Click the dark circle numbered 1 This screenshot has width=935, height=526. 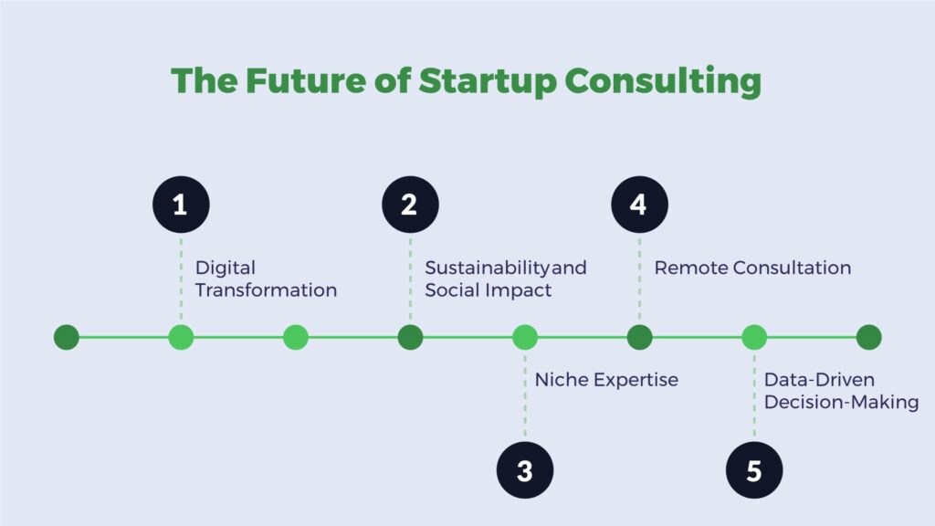pyautogui.click(x=182, y=205)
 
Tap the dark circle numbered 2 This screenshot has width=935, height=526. pyautogui.click(x=410, y=205)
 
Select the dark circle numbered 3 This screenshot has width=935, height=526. pyautogui.click(x=525, y=470)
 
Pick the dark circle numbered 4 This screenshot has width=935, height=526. pyautogui.click(x=640, y=205)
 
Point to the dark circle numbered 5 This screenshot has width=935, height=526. pyautogui.click(x=754, y=470)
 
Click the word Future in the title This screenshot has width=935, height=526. pyautogui.click(x=305, y=80)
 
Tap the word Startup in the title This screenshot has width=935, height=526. pyautogui.click(x=488, y=81)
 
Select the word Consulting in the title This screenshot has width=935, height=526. pyautogui.click(x=663, y=81)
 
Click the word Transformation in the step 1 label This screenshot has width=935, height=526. pyautogui.click(x=266, y=290)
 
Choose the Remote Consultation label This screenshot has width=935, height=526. pyautogui.click(x=752, y=268)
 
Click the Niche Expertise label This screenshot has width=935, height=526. pyautogui.click(x=606, y=380)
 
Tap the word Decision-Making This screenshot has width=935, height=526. pyautogui.click(x=841, y=403)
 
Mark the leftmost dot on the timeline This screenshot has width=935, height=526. pyautogui.click(x=67, y=338)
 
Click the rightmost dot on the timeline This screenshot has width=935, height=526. pyautogui.click(x=869, y=338)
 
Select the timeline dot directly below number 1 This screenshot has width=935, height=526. pyautogui.click(x=182, y=338)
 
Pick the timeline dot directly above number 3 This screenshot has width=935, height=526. pyautogui.click(x=525, y=338)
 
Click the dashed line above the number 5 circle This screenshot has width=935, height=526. pyautogui.click(x=754, y=396)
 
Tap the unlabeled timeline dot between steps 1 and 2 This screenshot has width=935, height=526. pyautogui.click(x=296, y=338)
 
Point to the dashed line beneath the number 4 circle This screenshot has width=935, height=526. pyautogui.click(x=640, y=279)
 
